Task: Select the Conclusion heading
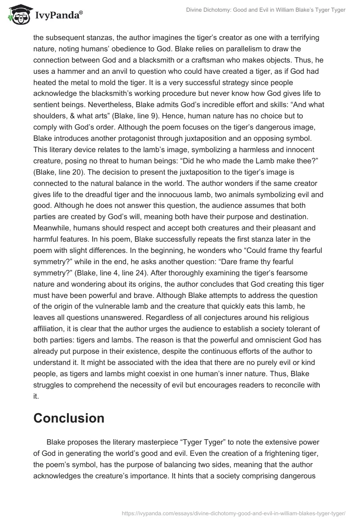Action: (x=69, y=418)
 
